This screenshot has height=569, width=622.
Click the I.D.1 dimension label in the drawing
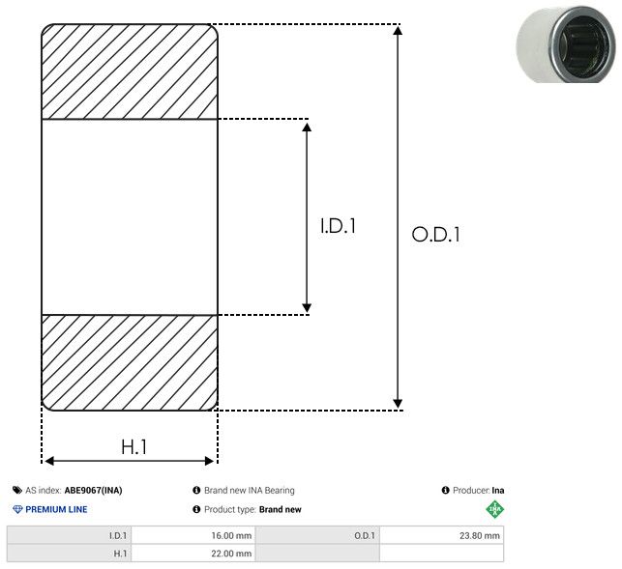coord(338,226)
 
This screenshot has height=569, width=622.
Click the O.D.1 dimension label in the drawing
coord(435,234)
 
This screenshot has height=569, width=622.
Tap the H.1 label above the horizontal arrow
coord(134,447)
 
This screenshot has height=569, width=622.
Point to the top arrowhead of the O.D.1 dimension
coord(398,30)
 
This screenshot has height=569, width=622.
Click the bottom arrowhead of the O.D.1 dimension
coord(398,404)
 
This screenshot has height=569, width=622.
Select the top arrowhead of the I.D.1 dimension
coord(307,128)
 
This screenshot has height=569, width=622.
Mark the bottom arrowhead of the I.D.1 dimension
coord(307,307)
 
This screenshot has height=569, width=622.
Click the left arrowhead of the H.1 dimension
coord(49,461)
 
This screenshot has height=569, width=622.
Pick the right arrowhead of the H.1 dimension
coord(209,461)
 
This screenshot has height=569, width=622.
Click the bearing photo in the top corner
coord(567,43)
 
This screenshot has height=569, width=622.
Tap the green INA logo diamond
coord(495,509)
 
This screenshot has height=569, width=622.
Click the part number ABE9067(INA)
coord(93,490)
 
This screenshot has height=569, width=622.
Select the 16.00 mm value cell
coord(193,536)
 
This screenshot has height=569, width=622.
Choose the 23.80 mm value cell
coord(441,536)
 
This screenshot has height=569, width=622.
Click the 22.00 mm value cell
coord(193,554)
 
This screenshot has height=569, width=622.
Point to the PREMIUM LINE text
coord(56,509)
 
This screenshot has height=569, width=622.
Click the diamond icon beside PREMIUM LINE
coord(17,509)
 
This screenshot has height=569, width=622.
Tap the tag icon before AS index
coord(17,490)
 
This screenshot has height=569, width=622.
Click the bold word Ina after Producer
coord(498,490)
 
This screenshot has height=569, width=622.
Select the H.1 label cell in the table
coord(69,554)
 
